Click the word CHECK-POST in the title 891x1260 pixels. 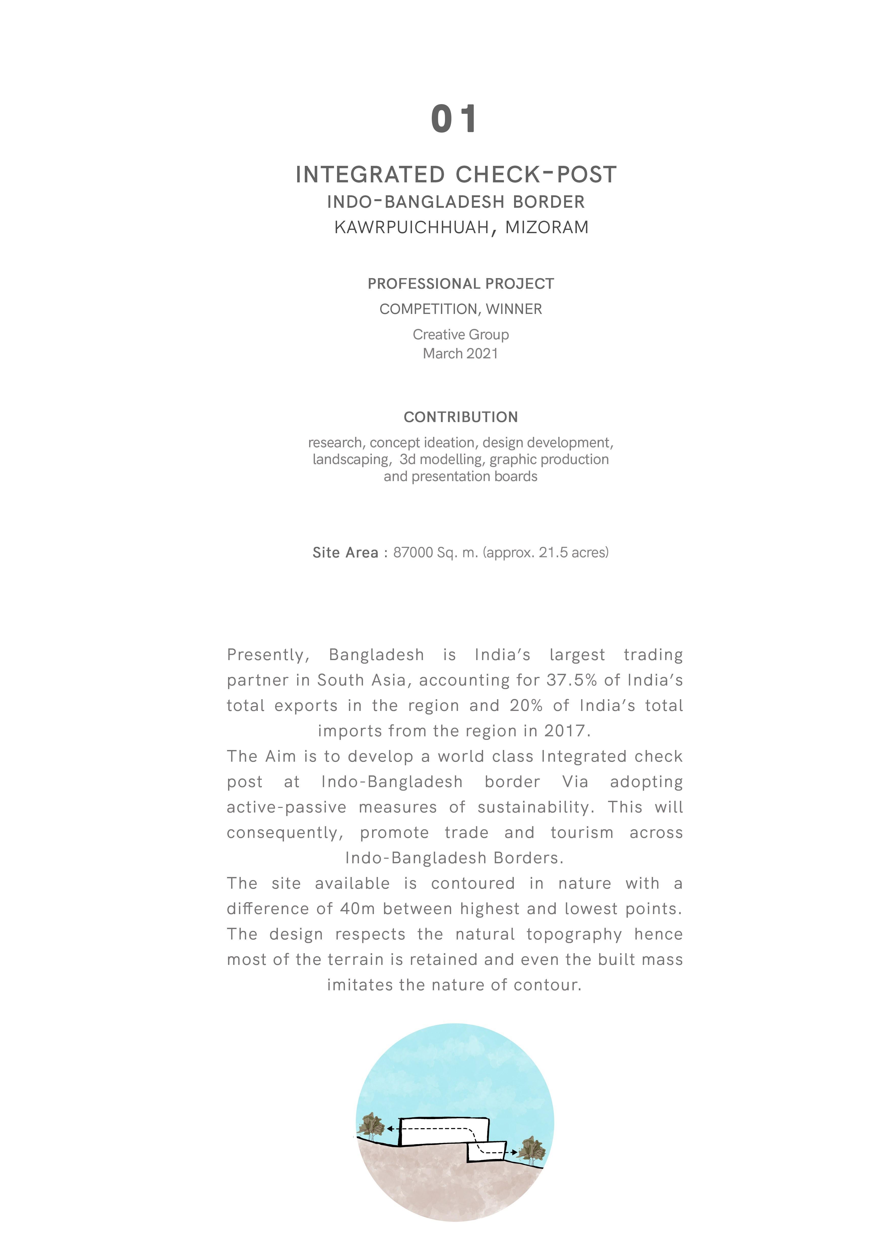pos(536,174)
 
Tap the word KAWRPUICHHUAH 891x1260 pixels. pos(411,227)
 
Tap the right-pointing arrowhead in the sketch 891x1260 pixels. pos(514,1152)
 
